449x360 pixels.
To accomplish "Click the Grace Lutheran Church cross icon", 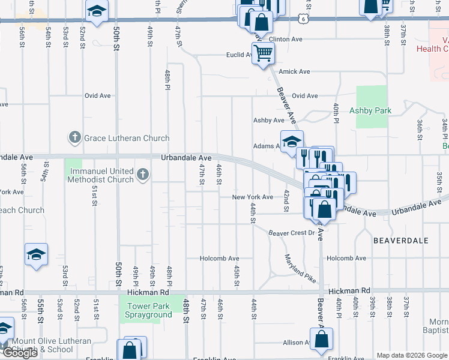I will coord(74,138).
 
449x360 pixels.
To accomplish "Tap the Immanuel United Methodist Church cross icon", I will coord(142,175).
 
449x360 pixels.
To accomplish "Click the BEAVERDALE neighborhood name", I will coord(401,240).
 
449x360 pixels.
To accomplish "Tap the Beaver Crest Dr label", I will coord(291,233).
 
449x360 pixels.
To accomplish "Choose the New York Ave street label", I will coord(252,197).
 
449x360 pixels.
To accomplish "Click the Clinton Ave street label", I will coord(285,39).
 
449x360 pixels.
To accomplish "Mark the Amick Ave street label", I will coord(294,71).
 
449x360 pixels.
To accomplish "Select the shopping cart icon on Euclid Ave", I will coord(263,55).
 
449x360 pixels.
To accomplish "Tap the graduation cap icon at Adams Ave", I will coord(292,142).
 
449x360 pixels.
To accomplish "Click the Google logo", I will coord(19,353).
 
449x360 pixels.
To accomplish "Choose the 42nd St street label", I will coord(287,196).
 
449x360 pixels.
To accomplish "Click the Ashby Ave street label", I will coord(268,120).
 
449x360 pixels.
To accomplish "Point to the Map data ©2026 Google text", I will coord(411,355).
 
